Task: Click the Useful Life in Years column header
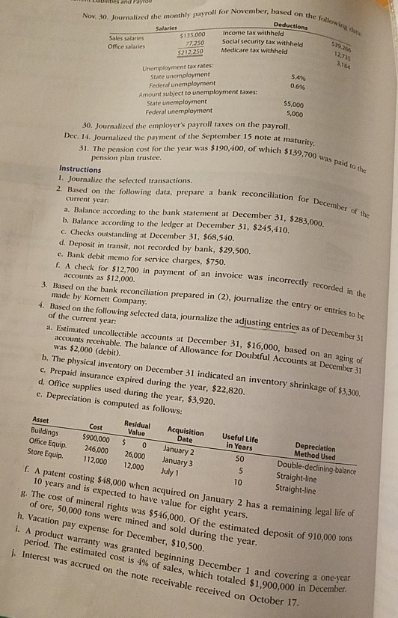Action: (x=241, y=441)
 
